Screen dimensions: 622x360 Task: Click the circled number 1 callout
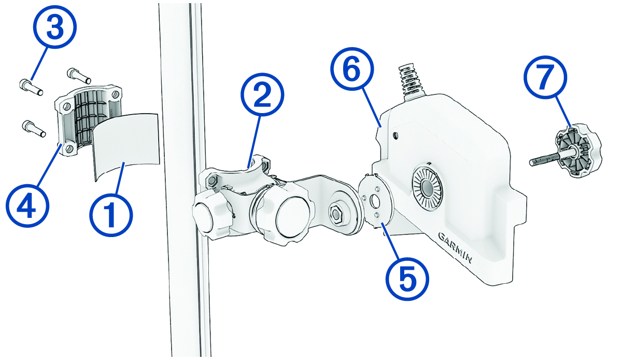pyautogui.click(x=111, y=215)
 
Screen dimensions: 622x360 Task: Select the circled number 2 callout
pyautogui.click(x=262, y=94)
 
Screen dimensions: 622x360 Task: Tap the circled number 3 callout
pyautogui.click(x=55, y=27)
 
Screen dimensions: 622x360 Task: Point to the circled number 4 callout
pyautogui.click(x=27, y=205)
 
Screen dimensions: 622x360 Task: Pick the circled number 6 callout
pyautogui.click(x=352, y=69)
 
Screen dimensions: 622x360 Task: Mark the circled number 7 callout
pyautogui.click(x=546, y=77)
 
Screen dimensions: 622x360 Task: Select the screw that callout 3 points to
pyautogui.click(x=31, y=87)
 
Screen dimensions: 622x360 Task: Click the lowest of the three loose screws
pyautogui.click(x=34, y=129)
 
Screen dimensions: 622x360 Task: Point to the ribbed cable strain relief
pyautogui.click(x=411, y=82)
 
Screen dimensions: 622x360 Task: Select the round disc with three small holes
pyautogui.click(x=375, y=200)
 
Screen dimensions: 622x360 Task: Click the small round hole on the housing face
pyautogui.click(x=395, y=135)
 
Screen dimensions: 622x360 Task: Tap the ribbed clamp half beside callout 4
pyautogui.click(x=88, y=119)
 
